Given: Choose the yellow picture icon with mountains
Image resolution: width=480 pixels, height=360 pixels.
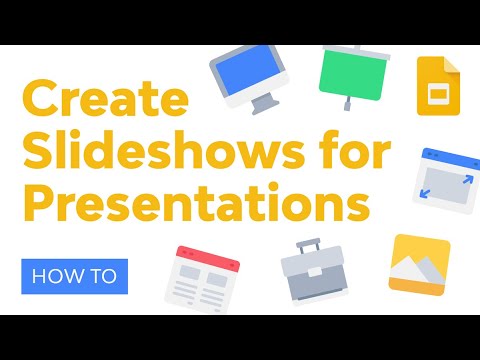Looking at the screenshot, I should pyautogui.click(x=419, y=263).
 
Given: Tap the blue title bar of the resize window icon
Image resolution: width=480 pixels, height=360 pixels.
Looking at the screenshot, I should pyautogui.click(x=441, y=155).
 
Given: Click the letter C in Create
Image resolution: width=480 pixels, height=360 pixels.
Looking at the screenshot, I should pyautogui.click(x=41, y=102).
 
